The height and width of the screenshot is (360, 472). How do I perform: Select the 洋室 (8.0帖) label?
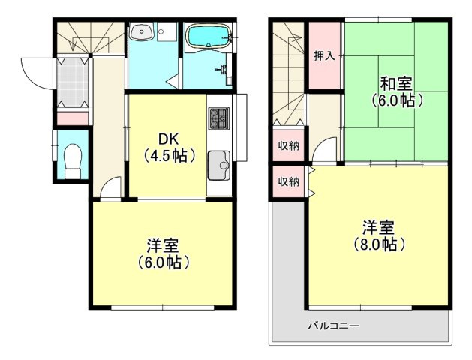[x=379, y=235]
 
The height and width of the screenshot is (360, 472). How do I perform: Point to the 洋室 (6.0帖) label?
[x=162, y=253]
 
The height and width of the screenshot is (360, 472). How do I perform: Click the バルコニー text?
[x=333, y=326]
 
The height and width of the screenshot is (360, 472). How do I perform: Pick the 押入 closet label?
[x=325, y=57]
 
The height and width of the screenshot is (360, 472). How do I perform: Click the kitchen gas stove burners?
[x=218, y=118]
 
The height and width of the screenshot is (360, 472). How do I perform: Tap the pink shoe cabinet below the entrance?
[x=73, y=118]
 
